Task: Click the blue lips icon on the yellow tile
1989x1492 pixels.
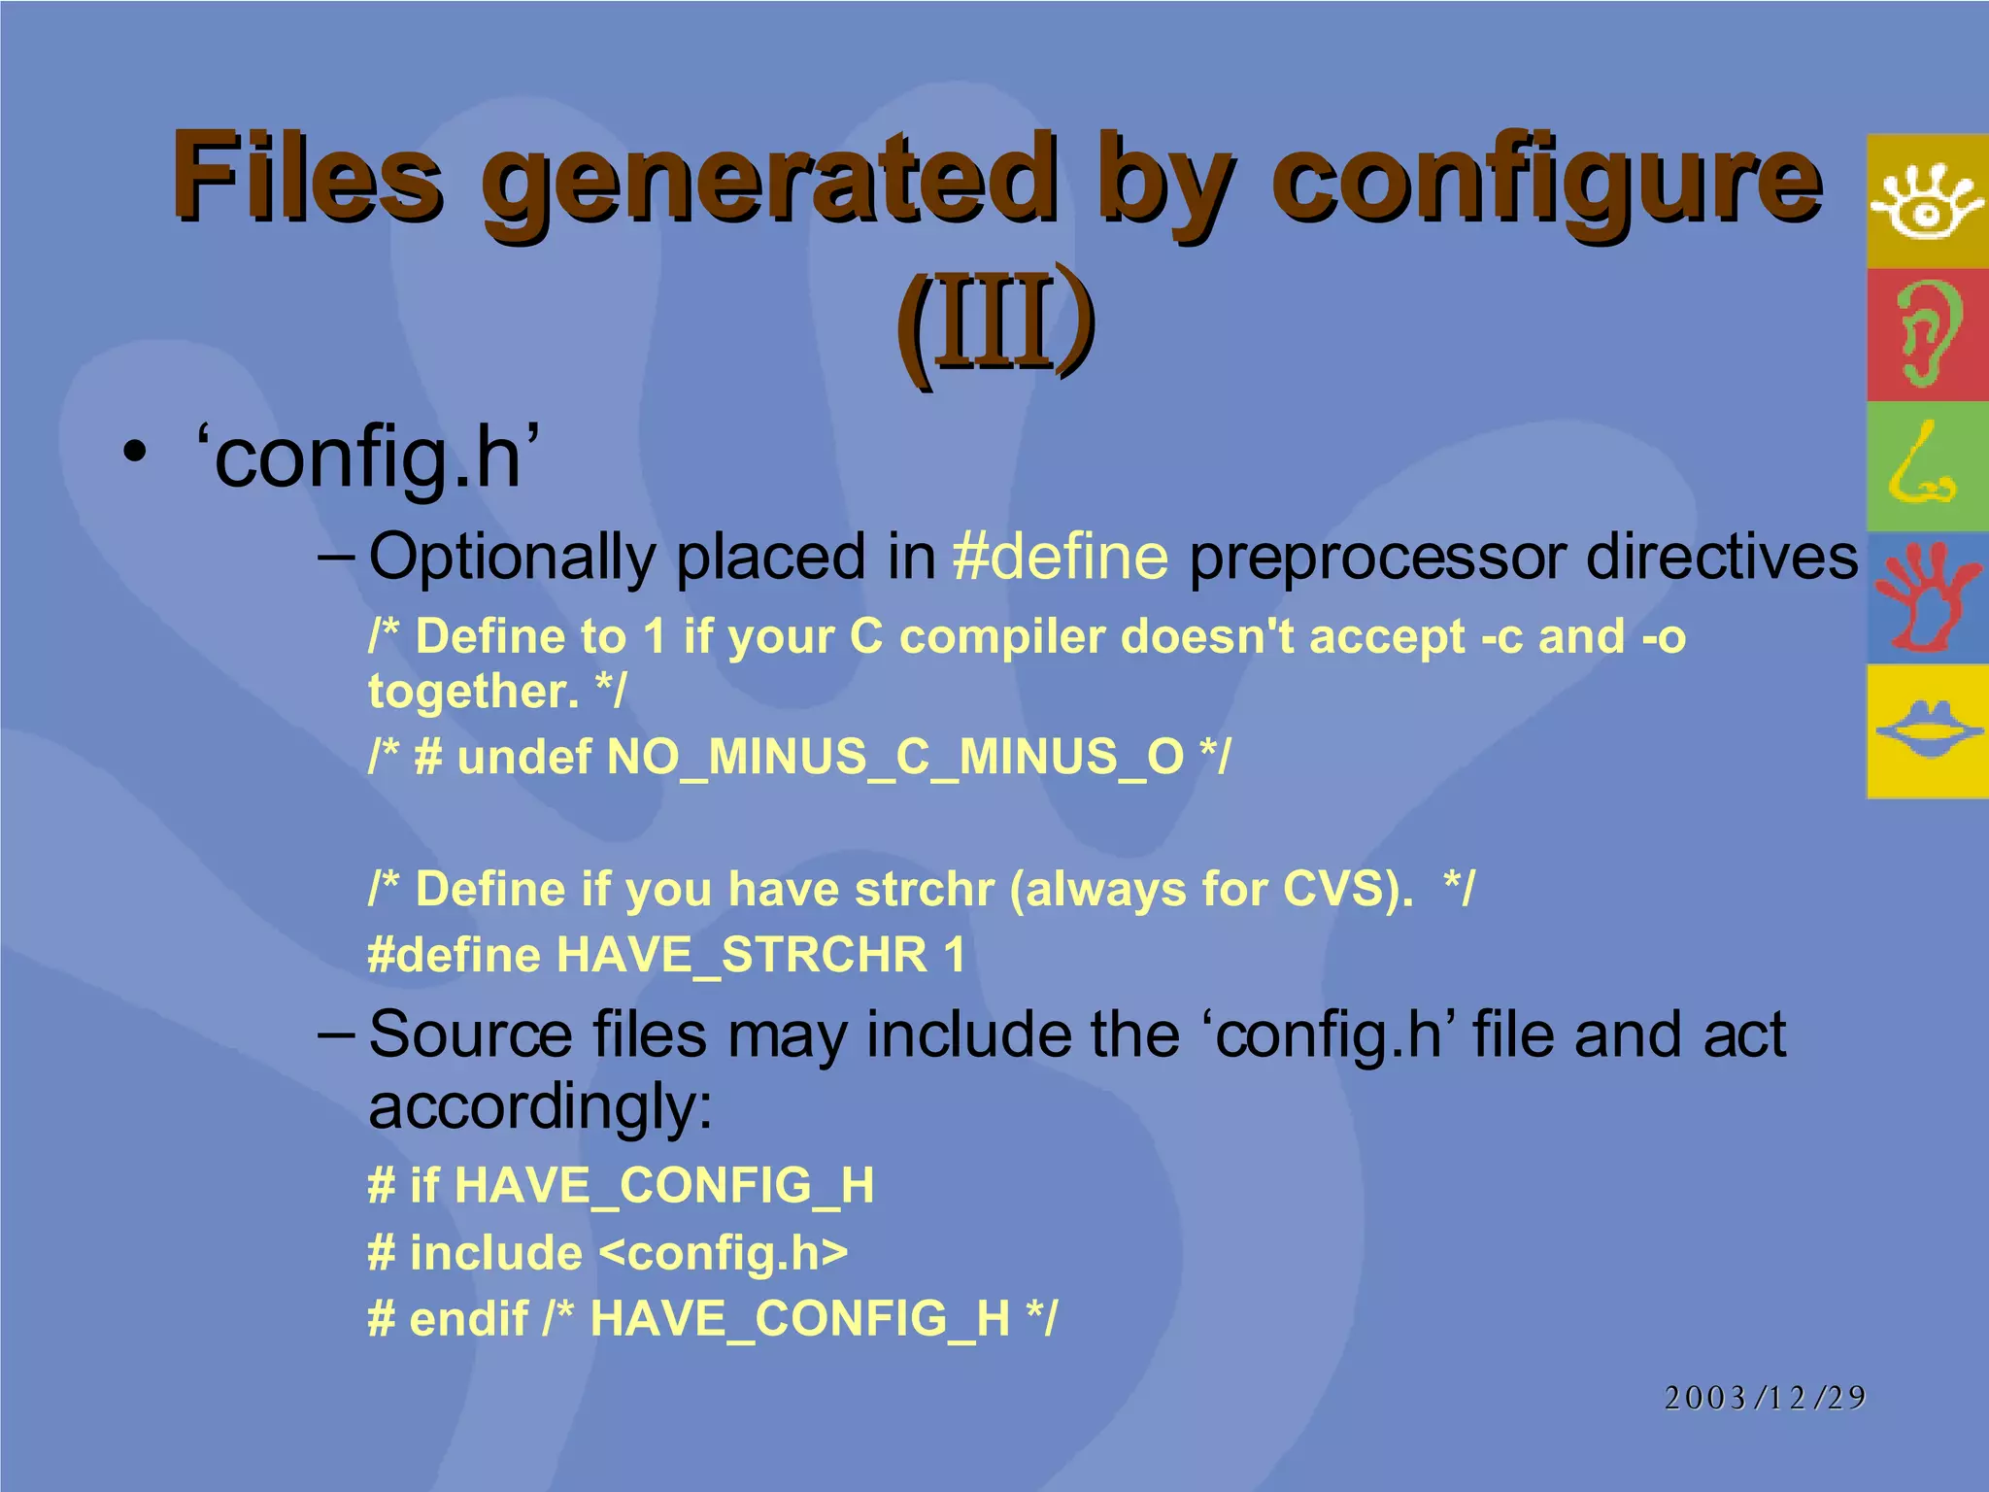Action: pyautogui.click(x=1928, y=730)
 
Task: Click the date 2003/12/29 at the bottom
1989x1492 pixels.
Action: pyautogui.click(x=1765, y=1397)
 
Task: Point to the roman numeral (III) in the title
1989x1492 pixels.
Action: pyautogui.click(x=994, y=321)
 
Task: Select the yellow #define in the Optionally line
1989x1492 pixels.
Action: pyautogui.click(x=1061, y=558)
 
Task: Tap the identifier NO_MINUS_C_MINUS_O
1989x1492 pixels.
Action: pyautogui.click(x=894, y=757)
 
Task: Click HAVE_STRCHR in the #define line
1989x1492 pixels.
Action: pyautogui.click(x=742, y=955)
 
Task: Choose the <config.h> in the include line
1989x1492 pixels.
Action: pyautogui.click(x=724, y=1253)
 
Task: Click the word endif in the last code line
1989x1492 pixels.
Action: pyautogui.click(x=468, y=1319)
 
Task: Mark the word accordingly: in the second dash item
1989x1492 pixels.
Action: pyautogui.click(x=540, y=1108)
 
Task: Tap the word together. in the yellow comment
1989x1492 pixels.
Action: pyautogui.click(x=473, y=692)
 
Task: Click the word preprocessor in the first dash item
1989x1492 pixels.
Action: pyautogui.click(x=1377, y=558)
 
